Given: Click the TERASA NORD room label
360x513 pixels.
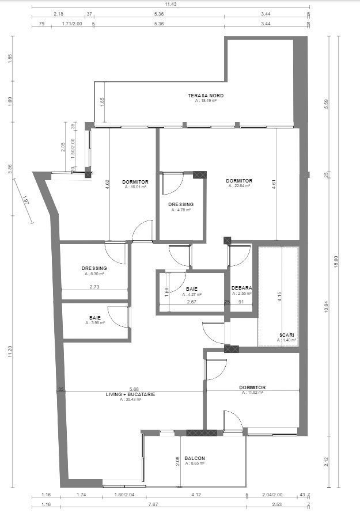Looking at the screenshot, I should [206, 95].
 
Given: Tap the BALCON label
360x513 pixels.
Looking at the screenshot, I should [195, 458].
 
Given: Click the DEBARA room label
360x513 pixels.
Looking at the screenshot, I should [241, 288].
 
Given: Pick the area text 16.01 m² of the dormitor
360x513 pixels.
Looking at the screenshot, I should [135, 187].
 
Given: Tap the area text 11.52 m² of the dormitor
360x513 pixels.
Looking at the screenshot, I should [252, 393].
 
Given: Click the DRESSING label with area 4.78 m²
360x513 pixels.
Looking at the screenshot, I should [181, 204].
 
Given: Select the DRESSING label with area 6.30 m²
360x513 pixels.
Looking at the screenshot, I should [94, 268].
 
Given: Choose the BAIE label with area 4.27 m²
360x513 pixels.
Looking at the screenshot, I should [192, 288].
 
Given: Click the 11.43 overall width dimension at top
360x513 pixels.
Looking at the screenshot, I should [170, 4].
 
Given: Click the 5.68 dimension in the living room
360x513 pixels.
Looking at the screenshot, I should [134, 389].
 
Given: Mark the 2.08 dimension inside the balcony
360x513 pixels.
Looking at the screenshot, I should [177, 461].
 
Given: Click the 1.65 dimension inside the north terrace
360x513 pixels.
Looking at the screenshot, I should [102, 101].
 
